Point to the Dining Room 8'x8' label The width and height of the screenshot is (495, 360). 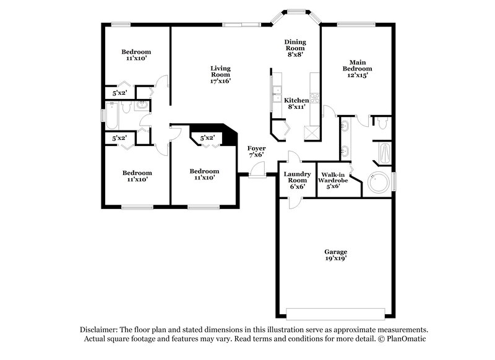[295, 48]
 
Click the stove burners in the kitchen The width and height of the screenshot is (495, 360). [314, 97]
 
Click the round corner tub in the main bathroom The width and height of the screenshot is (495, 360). [375, 182]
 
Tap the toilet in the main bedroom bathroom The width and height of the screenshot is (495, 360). [382, 124]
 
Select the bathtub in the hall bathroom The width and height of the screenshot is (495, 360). [113, 115]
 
